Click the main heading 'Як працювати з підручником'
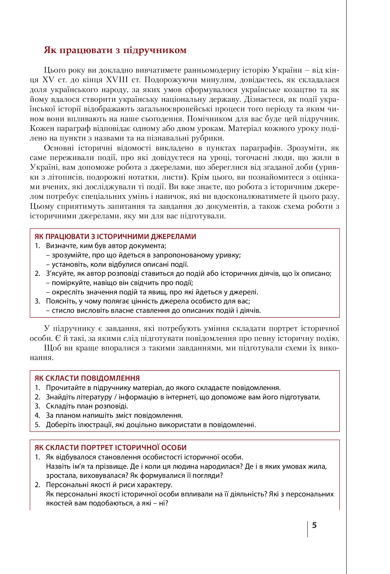point(115,50)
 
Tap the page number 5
point(314,525)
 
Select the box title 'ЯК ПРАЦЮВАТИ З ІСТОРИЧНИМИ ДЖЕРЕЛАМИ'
point(115,236)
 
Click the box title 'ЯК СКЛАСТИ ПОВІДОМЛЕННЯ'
point(87,378)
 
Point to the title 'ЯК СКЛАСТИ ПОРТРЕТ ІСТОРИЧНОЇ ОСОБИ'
point(111,448)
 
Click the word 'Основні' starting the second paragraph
point(59,148)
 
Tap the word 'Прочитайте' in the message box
point(64,388)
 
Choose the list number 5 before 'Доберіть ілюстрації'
point(37,425)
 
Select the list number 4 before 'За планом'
point(37,415)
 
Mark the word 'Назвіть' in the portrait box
point(57,466)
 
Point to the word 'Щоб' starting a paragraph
point(50,348)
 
